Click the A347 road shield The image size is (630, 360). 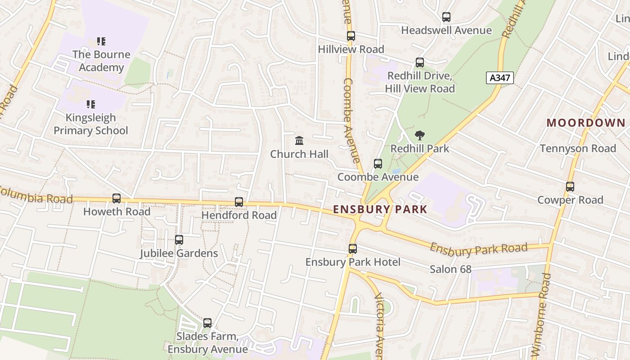point(499,78)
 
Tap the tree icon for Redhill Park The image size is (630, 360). point(419,135)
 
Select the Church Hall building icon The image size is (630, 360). point(299,141)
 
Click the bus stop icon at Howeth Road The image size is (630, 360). point(117,198)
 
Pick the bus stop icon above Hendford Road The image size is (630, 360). point(239,202)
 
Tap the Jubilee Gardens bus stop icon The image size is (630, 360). point(179,240)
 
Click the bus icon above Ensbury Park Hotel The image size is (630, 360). point(353,249)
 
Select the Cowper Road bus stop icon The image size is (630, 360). point(570,187)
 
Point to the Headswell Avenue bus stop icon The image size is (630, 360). point(446,18)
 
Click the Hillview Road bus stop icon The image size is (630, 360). point(351,36)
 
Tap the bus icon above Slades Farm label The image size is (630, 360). point(207,323)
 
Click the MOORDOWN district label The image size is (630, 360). point(586,123)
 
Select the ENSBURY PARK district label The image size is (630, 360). point(380,209)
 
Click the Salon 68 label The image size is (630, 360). point(450,270)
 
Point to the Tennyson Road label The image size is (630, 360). point(578,148)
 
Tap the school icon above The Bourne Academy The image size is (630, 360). point(101,42)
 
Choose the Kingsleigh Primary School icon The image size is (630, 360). point(91,105)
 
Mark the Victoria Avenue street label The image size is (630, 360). point(379,324)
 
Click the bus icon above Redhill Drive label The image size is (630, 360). point(420,63)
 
